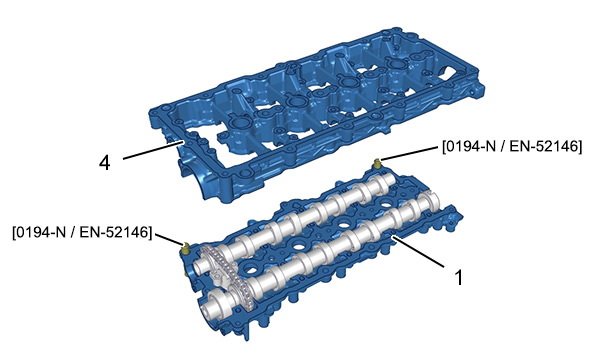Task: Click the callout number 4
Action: (105, 162)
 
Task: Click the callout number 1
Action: (458, 277)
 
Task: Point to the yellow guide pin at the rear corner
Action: (377, 163)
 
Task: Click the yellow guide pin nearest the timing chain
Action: (186, 248)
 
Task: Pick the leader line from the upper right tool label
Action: (410, 153)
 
